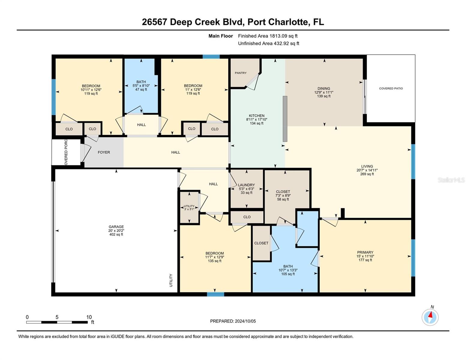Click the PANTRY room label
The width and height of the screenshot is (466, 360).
240,73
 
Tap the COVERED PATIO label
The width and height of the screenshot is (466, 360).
391,88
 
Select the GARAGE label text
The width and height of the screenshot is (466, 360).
116,226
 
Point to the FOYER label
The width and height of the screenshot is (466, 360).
104,152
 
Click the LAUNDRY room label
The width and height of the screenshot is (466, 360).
246,185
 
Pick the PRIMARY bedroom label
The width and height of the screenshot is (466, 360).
365,252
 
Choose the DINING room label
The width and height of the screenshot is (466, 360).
323,88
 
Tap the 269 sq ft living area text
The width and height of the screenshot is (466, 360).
367,174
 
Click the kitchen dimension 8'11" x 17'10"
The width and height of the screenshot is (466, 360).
257,119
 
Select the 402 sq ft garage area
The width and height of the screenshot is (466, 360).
116,234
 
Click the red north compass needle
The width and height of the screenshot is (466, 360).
430,314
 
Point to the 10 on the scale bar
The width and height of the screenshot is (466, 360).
89,317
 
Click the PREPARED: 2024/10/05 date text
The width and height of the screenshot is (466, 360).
233,321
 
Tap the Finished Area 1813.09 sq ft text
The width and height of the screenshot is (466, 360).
268,36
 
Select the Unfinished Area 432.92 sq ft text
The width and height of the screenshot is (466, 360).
269,43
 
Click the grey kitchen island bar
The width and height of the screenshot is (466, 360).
285,119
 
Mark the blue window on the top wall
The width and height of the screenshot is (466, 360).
211,57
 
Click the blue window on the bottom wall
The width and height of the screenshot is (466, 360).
215,294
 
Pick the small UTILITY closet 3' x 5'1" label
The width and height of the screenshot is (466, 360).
189,208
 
